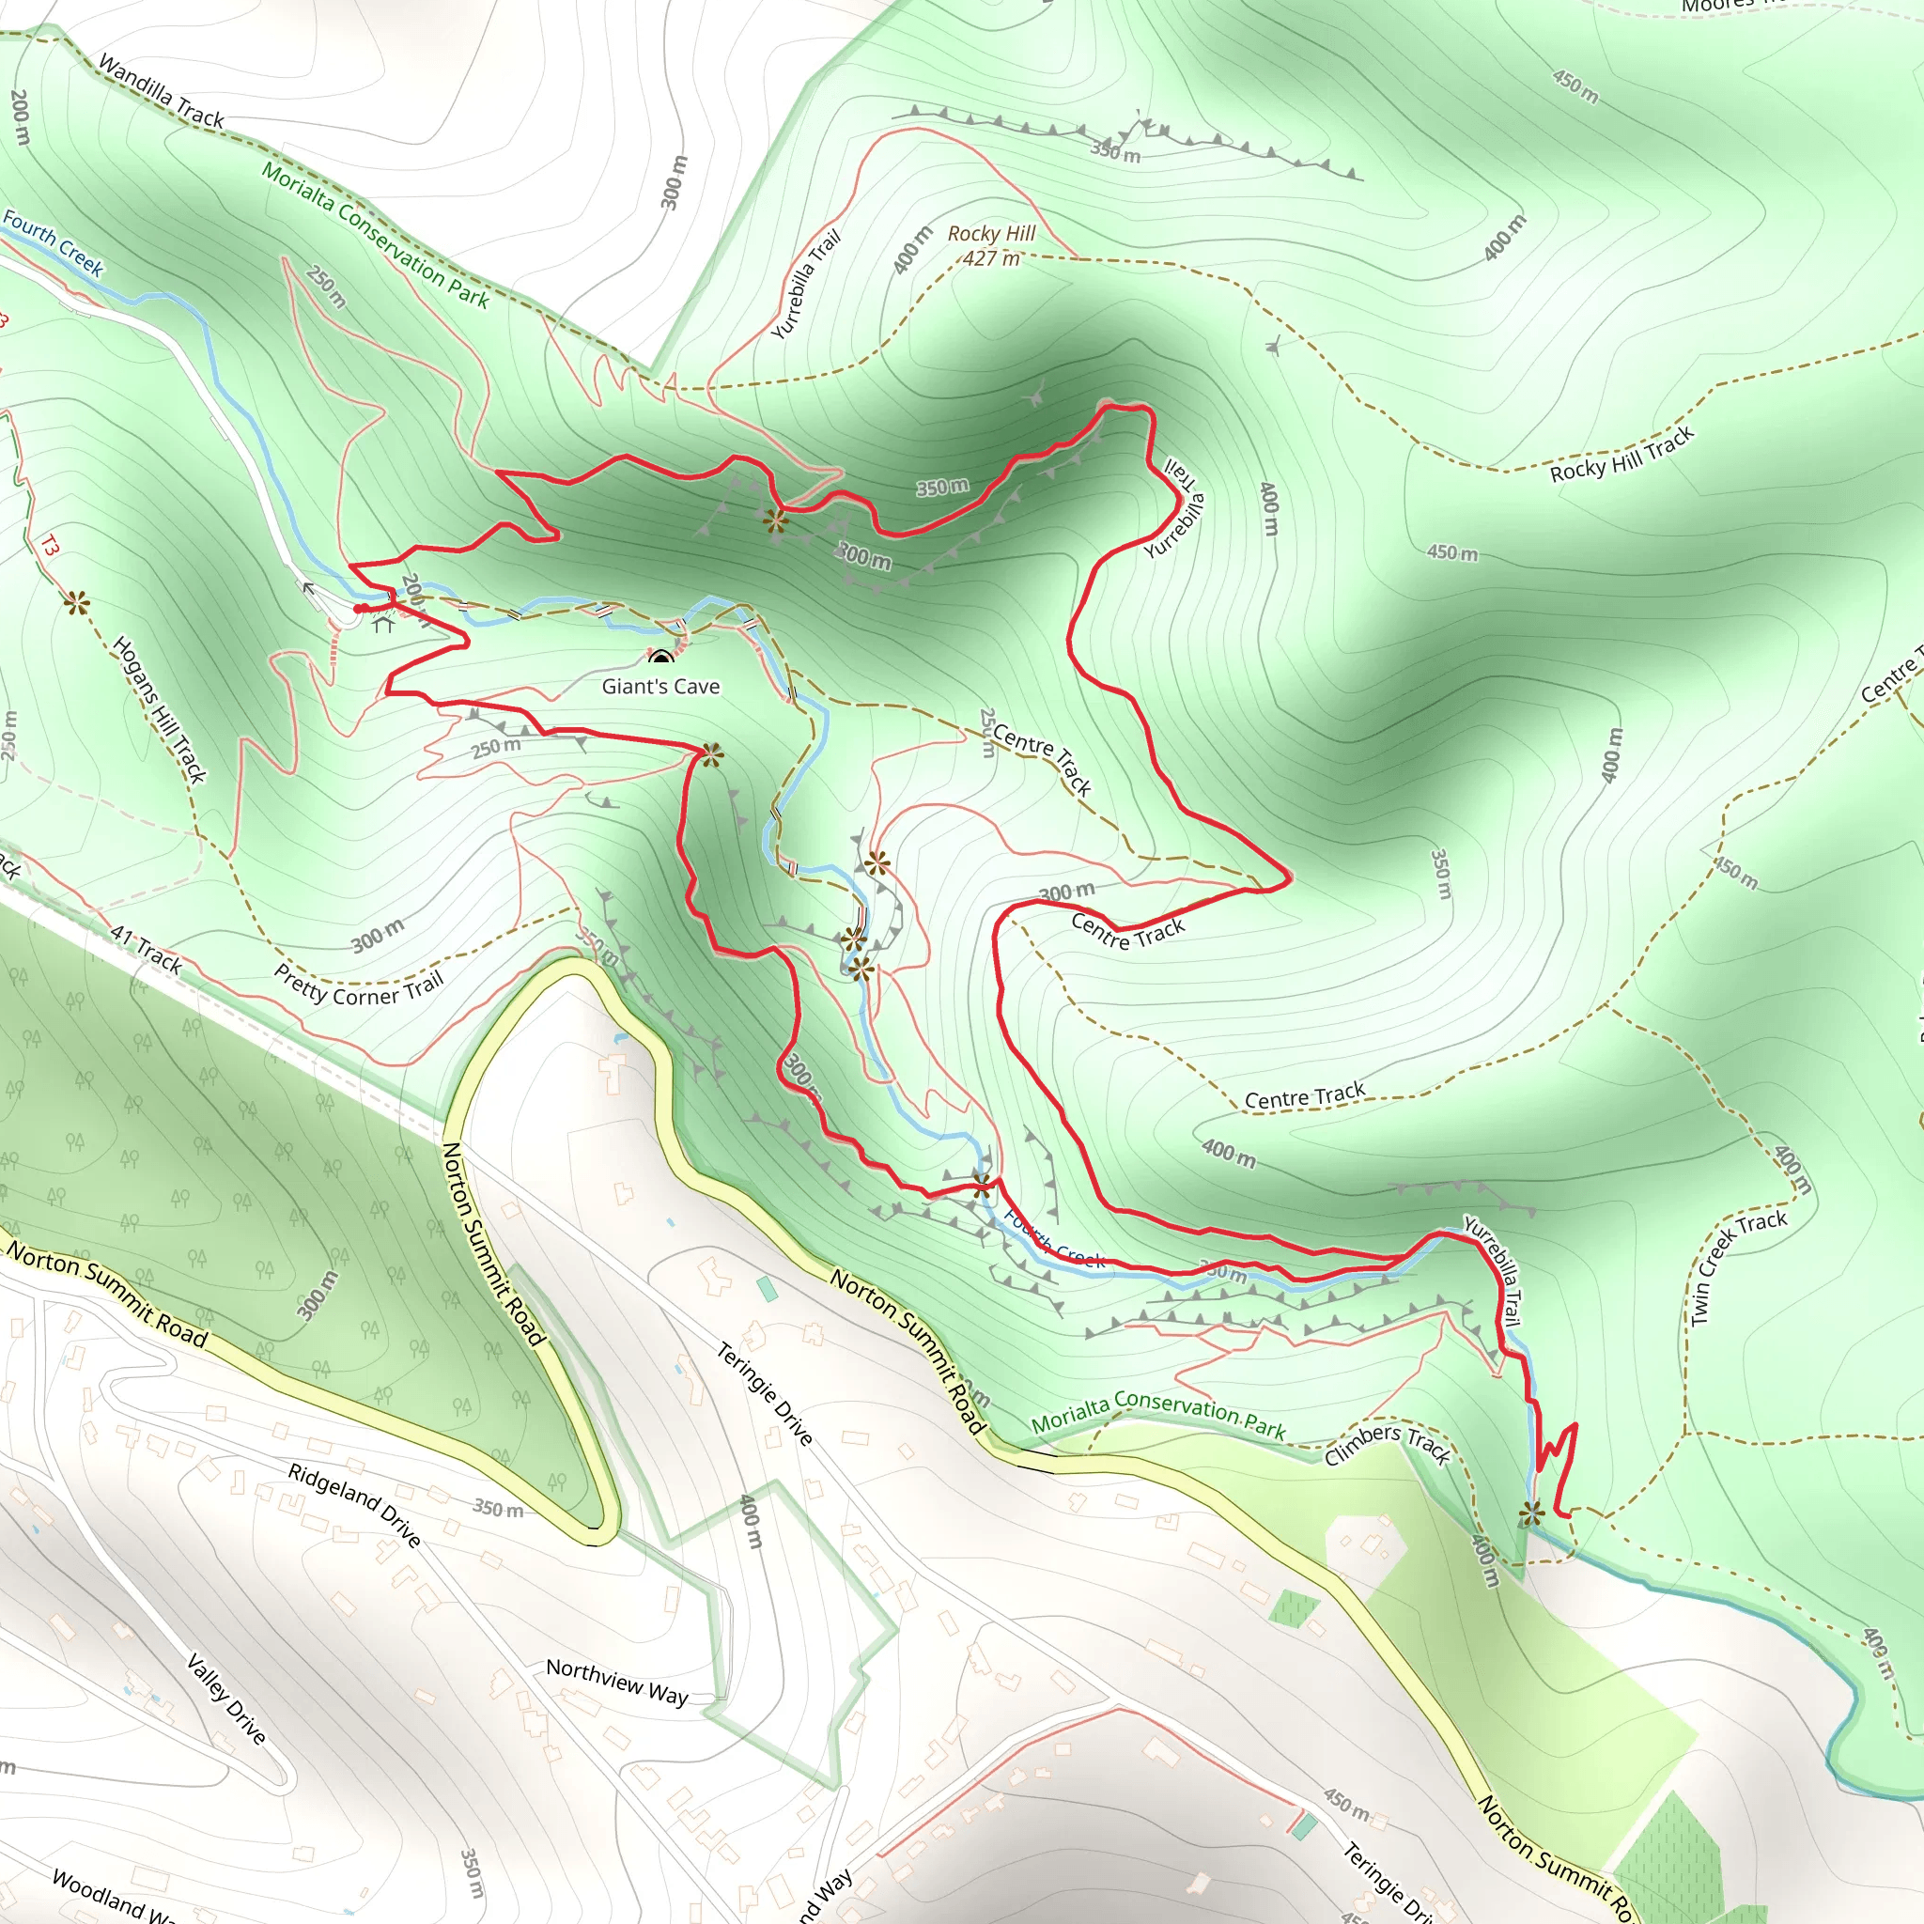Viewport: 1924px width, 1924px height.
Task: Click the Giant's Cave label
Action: point(660,686)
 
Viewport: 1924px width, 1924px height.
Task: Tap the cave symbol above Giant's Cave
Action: point(661,658)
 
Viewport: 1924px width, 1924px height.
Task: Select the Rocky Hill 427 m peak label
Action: point(991,245)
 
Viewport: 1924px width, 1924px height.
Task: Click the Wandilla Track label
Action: point(162,93)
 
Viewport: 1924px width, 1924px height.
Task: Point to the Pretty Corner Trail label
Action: point(359,989)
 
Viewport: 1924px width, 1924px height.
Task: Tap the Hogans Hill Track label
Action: point(160,709)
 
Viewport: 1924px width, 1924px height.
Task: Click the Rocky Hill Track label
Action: point(1621,454)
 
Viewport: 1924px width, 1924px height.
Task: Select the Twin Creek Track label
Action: point(1738,1265)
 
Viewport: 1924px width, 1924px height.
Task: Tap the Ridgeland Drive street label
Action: point(353,1505)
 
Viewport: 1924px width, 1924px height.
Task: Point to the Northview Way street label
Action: point(616,1681)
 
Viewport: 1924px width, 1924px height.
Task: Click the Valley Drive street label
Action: point(227,1699)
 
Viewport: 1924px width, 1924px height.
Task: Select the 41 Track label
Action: point(146,949)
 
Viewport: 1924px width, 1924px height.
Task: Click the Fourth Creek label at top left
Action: point(54,242)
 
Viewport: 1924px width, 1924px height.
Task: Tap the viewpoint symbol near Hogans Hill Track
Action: point(77,602)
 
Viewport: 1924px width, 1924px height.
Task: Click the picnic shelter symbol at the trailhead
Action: point(383,625)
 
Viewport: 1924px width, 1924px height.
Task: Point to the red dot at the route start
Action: point(360,609)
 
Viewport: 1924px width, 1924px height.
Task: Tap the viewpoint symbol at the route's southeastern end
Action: point(1531,1515)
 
